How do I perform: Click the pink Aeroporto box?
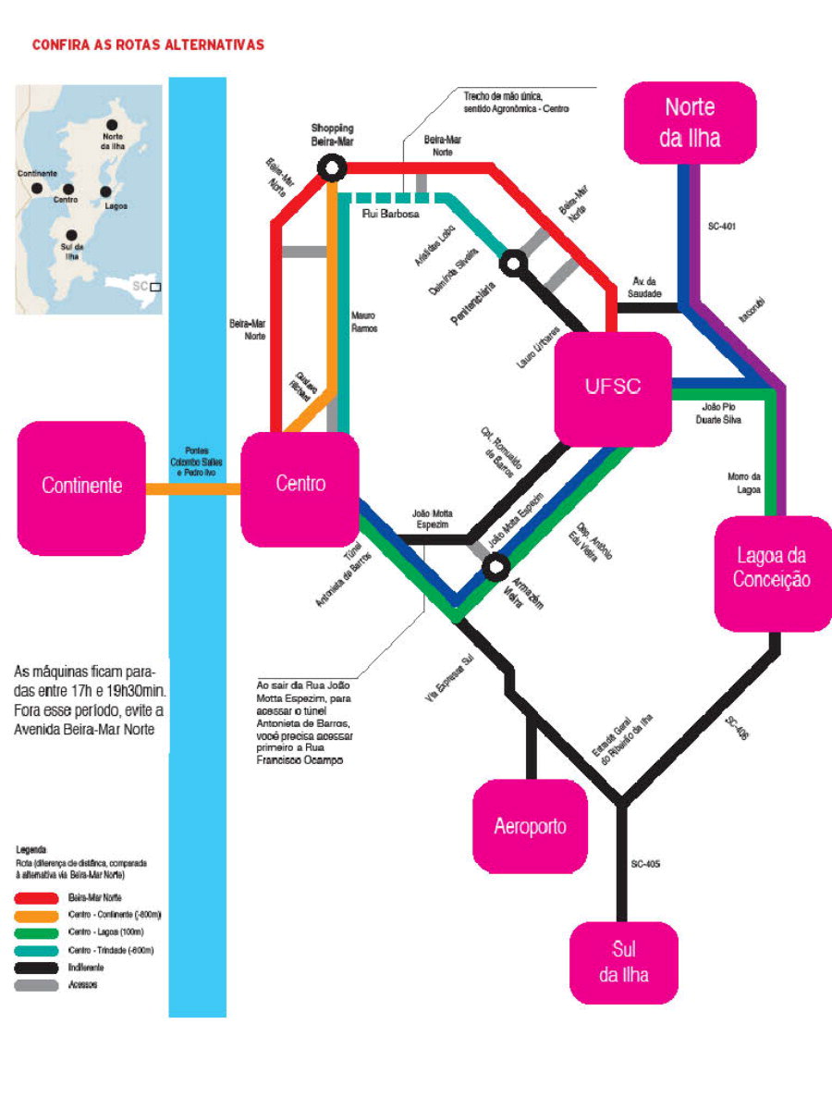click(530, 826)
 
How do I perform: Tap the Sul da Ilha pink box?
click(623, 963)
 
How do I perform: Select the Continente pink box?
click(81, 487)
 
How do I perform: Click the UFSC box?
click(613, 388)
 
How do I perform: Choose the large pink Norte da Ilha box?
click(690, 122)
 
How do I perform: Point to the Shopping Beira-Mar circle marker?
click(331, 167)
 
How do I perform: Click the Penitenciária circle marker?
click(512, 264)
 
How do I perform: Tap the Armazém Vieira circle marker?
click(497, 563)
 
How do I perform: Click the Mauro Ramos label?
click(363, 321)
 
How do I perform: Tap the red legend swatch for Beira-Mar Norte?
click(36, 897)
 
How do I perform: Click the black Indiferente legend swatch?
click(36, 968)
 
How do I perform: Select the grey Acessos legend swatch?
click(36, 985)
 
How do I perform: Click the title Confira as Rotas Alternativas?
click(148, 44)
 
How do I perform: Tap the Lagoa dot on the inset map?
click(105, 191)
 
